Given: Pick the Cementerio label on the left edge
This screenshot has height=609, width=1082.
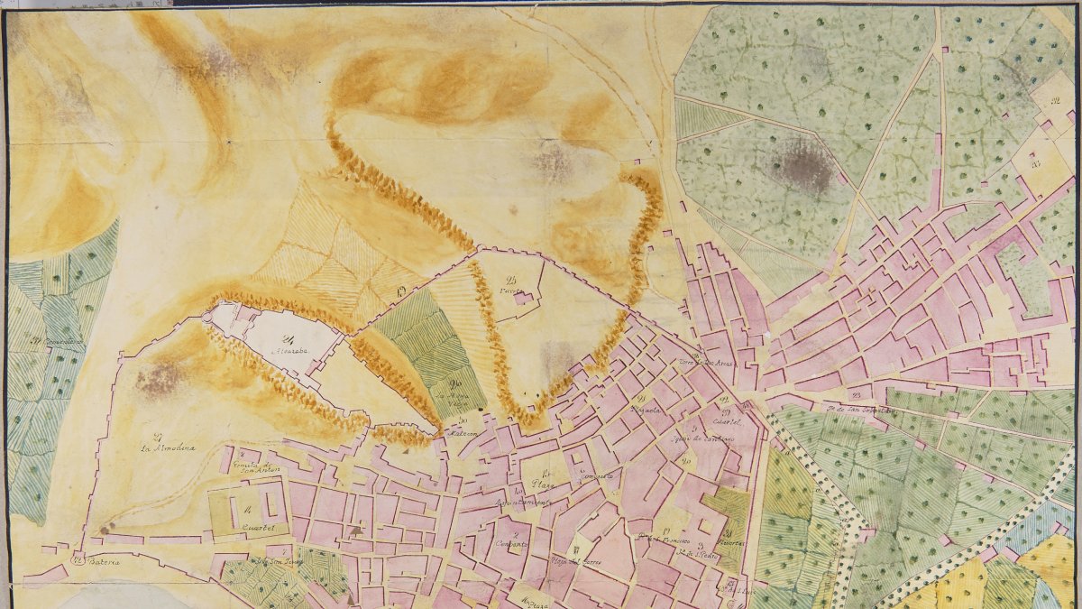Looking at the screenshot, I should [x=54, y=342].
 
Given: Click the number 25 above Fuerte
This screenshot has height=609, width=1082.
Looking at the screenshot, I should [x=511, y=279].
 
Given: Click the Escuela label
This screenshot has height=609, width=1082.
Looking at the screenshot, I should [x=650, y=409].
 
